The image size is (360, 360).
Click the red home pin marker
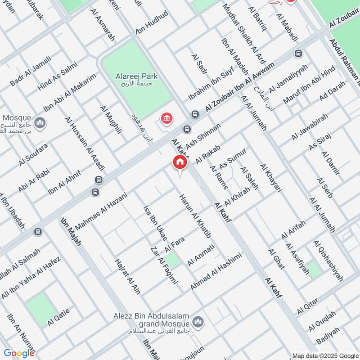click(180, 162)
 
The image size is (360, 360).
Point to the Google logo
click(19, 353)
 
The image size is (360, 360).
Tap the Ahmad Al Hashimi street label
click(216, 271)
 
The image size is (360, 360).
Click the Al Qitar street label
click(307, 306)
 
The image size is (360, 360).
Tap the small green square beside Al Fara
click(171, 260)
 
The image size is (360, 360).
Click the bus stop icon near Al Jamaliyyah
click(297, 54)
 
